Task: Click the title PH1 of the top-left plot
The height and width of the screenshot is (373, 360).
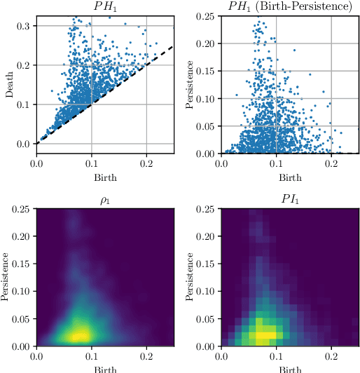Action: point(105,6)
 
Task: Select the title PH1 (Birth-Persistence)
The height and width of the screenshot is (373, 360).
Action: point(289,6)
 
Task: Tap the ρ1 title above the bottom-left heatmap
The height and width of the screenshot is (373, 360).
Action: point(105,200)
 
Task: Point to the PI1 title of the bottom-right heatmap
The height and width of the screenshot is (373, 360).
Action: point(289,200)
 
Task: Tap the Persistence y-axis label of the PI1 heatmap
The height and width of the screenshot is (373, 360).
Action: point(190,278)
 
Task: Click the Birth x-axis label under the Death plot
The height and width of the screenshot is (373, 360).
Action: point(105,177)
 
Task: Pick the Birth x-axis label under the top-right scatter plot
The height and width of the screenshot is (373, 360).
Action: point(289,177)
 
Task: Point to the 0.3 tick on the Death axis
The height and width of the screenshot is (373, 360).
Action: point(23,26)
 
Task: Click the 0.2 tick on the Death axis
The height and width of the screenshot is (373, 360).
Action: point(23,65)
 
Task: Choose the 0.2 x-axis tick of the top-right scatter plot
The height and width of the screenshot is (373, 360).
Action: point(331,163)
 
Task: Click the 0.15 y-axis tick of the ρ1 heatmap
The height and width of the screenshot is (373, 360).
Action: point(21,264)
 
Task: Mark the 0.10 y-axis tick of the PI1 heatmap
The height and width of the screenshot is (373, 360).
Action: point(205,292)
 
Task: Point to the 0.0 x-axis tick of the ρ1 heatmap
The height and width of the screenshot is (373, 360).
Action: point(37,356)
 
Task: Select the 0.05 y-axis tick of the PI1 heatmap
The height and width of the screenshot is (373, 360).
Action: point(205,319)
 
